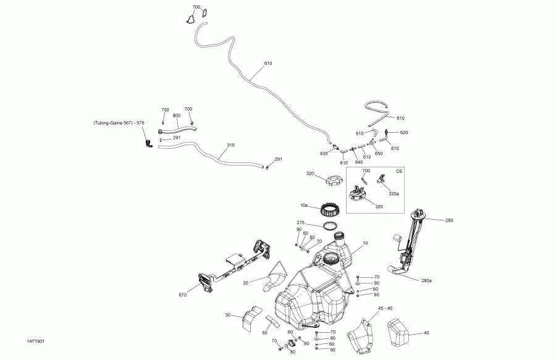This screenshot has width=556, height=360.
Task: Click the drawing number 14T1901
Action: click(35, 341)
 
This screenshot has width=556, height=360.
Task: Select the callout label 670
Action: click(182, 295)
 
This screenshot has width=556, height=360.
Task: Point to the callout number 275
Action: click(300, 223)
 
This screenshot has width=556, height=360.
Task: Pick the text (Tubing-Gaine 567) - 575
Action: click(119, 123)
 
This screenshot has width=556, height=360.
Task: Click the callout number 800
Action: click(177, 115)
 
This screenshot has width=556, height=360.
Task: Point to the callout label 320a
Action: click(394, 193)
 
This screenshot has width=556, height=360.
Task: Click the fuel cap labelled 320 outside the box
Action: click(333, 182)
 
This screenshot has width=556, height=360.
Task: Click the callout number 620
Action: click(404, 133)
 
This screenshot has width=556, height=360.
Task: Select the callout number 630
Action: click(323, 153)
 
